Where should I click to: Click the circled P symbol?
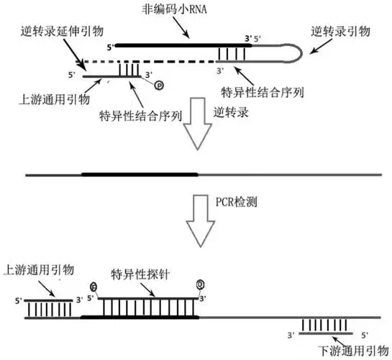(159, 85)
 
